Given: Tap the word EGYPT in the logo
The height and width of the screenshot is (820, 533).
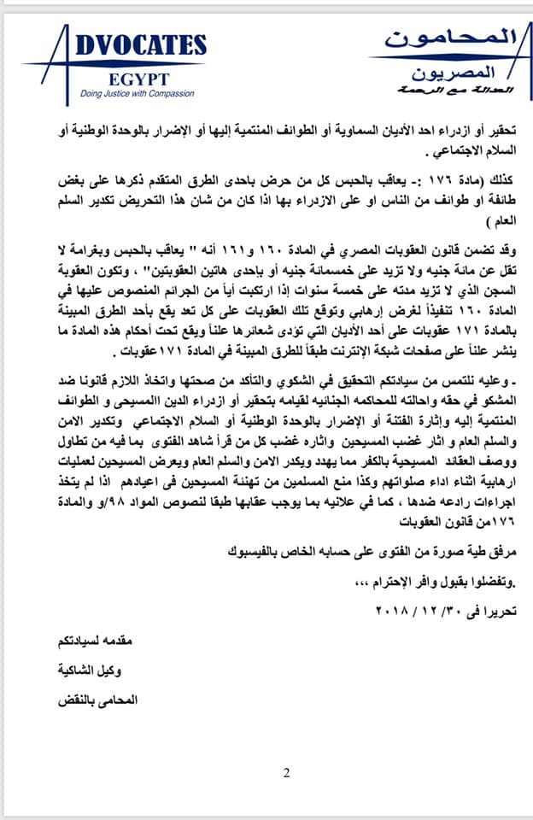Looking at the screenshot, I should click(x=136, y=76).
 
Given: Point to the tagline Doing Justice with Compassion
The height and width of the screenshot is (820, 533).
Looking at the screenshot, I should click(x=138, y=93).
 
